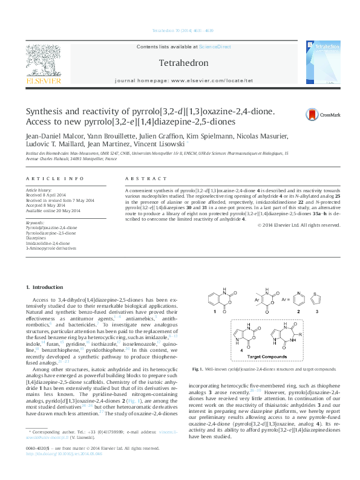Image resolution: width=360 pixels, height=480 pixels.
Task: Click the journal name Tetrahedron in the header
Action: [183, 63]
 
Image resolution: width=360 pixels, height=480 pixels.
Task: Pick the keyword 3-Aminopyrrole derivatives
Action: [51, 248]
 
